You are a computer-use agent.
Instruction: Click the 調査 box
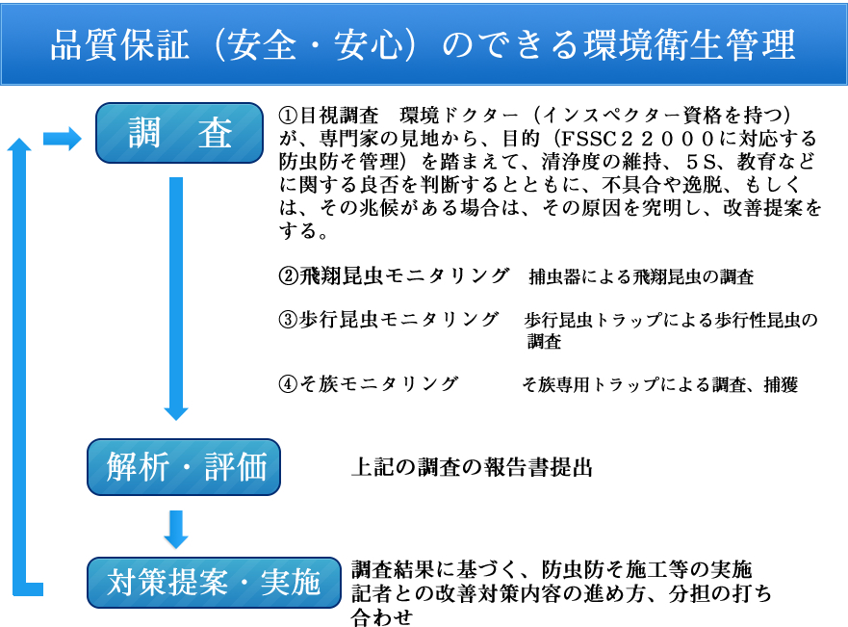point(180,133)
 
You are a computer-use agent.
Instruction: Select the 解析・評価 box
point(184,467)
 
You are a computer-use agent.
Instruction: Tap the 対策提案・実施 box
point(214,583)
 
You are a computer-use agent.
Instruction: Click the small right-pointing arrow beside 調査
point(63,139)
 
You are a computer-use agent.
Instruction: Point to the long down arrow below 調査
point(176,299)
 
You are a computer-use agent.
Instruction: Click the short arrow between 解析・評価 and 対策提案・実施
point(176,529)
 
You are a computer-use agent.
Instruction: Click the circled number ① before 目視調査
point(288,116)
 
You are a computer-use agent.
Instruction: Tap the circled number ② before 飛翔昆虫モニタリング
point(288,275)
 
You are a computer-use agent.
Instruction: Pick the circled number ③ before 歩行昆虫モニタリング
point(288,320)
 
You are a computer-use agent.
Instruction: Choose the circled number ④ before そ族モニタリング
point(288,383)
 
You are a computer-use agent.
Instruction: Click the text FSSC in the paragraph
point(589,139)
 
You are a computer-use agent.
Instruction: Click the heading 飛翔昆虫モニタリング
point(404,275)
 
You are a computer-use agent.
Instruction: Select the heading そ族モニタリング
point(378,383)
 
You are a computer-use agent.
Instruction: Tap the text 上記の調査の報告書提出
point(473,467)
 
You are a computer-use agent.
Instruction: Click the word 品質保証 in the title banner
point(120,44)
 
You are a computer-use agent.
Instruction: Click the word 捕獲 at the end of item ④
point(781,384)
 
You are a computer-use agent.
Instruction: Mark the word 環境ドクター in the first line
point(458,116)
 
